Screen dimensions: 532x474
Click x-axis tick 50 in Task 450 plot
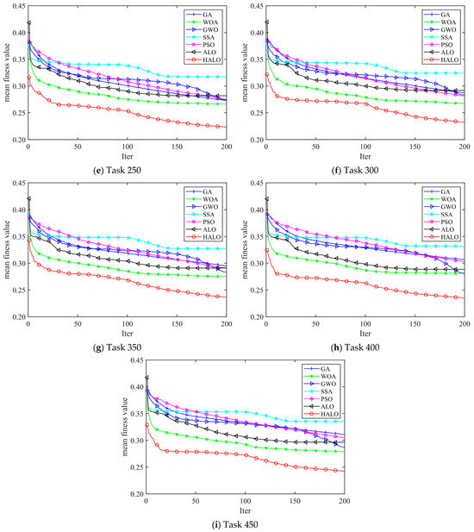196,503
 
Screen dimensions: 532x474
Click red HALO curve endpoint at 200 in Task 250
226,128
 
